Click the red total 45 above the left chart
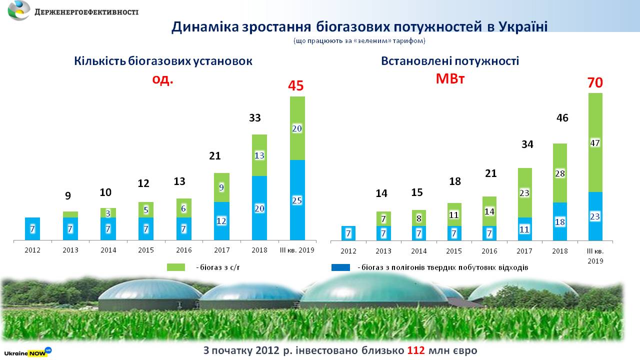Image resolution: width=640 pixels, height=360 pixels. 296,86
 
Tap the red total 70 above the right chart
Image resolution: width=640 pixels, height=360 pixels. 595,82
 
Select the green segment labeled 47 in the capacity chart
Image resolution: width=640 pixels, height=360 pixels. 595,142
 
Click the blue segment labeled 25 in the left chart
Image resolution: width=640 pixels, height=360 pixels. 297,200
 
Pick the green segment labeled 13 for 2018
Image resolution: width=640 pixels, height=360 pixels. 259,155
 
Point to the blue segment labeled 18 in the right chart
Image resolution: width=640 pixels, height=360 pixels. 559,221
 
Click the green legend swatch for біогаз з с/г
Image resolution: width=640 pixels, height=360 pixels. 176,267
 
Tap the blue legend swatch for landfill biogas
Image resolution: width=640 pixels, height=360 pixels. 340,267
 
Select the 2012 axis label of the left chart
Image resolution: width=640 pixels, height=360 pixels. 32,250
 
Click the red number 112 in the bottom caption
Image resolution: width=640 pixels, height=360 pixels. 416,350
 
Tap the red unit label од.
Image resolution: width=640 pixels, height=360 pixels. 163,79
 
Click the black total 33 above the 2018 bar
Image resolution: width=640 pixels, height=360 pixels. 255,118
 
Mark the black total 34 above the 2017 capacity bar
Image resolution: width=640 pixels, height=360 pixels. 527,144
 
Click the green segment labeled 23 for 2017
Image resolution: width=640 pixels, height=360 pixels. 524,192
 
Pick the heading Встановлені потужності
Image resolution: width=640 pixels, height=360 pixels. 450,61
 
